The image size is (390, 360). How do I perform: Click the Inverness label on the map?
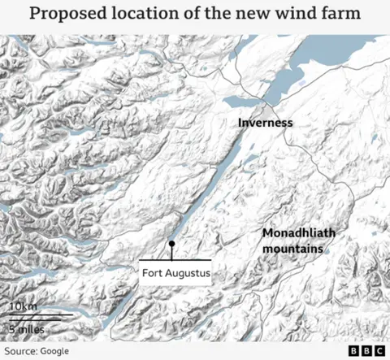tap(265, 124)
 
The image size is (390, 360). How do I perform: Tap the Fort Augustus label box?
tap(176, 274)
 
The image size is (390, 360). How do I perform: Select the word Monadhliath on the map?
tap(297, 233)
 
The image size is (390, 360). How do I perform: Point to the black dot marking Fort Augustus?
tap(171, 244)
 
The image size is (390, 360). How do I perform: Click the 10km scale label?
tap(22, 306)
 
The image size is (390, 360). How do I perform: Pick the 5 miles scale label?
tap(27, 328)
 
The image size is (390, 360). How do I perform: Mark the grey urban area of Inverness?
tap(269, 110)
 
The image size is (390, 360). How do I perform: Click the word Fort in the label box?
tap(152, 274)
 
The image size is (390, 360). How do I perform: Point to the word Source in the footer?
tap(19, 350)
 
